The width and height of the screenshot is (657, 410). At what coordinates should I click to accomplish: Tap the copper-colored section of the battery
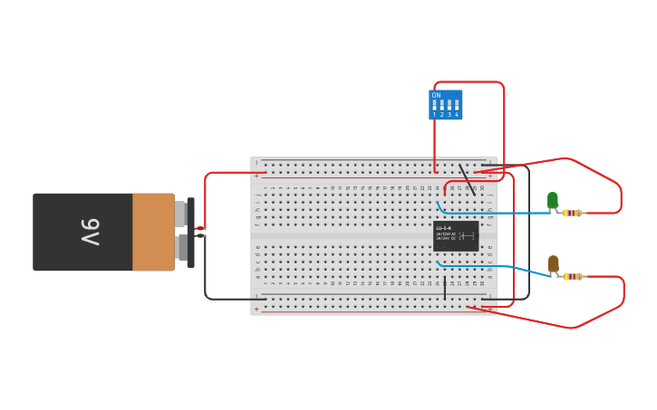[152, 232]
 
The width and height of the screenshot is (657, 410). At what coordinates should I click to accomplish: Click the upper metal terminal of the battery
[180, 214]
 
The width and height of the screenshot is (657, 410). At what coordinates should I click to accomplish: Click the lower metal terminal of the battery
[181, 247]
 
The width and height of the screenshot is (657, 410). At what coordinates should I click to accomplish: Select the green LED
[552, 200]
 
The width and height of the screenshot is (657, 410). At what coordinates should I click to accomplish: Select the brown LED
[553, 263]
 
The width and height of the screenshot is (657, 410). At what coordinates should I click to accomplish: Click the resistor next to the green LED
[572, 214]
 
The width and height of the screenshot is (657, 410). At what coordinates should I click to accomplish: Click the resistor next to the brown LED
[572, 276]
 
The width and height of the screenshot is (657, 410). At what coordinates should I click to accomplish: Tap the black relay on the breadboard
[455, 236]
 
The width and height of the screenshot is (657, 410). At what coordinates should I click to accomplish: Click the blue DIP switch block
[445, 104]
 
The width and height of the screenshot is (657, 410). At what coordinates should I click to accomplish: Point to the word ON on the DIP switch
[436, 95]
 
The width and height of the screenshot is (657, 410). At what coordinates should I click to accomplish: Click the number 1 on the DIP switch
[434, 115]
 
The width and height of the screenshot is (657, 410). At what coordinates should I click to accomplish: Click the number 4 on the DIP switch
[456, 115]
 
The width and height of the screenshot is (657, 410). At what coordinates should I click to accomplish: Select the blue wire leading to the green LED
[498, 214]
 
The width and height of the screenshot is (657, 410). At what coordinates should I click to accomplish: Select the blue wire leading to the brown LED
[498, 267]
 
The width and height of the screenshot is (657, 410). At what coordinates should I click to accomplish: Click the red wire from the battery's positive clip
[206, 195]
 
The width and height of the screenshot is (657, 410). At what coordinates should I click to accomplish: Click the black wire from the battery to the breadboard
[206, 272]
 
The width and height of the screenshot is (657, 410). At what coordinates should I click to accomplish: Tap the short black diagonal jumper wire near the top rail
[467, 179]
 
